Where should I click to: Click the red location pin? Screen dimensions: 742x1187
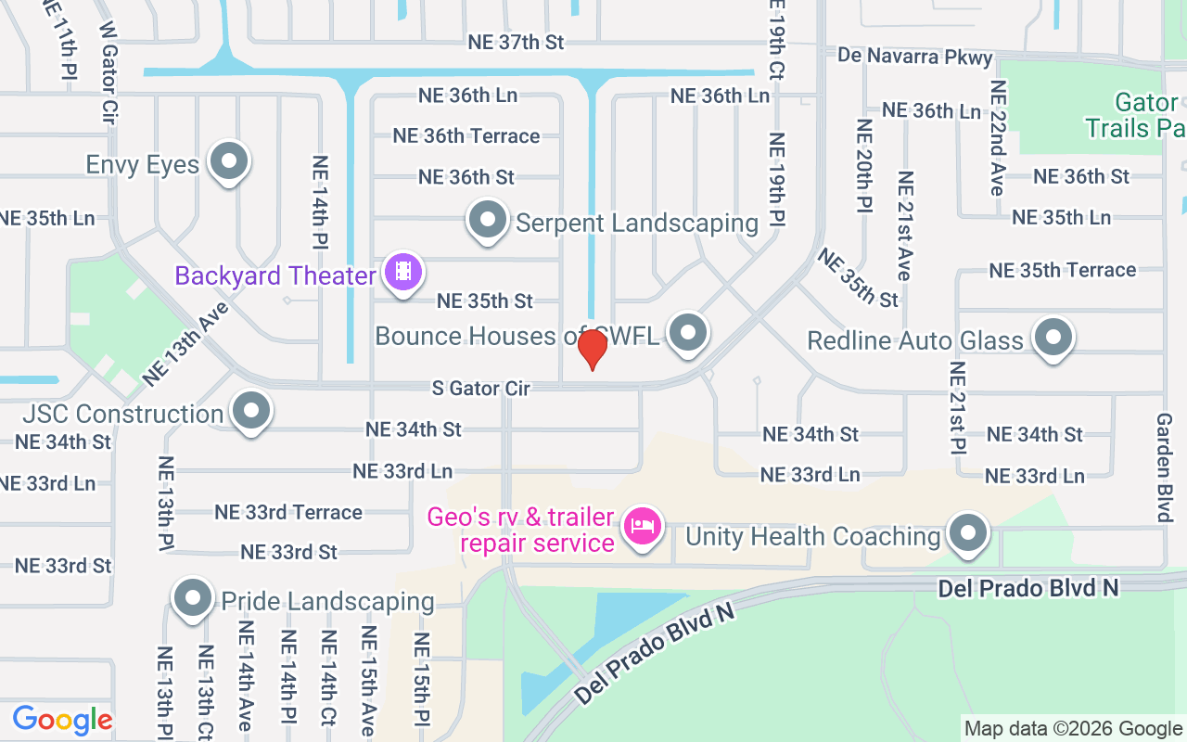[x=592, y=349]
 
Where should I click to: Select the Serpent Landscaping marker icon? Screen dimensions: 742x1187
[x=488, y=221]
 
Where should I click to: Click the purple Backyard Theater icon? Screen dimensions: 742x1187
[x=403, y=272]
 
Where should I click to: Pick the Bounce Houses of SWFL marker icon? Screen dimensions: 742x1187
[x=688, y=333]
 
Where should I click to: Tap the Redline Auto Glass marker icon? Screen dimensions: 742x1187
[x=1053, y=338]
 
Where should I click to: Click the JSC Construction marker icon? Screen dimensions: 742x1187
[x=250, y=411]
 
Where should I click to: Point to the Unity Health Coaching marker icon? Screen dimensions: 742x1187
[x=968, y=533]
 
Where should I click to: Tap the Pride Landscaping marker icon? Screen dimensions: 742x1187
[x=193, y=598]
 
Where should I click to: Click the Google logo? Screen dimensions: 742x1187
[x=62, y=720]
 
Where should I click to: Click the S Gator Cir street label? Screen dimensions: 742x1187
[x=481, y=388]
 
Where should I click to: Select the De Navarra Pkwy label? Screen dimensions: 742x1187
[x=914, y=56]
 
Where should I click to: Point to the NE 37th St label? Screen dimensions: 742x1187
[x=516, y=42]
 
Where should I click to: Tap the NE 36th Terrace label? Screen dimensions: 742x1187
[x=466, y=135]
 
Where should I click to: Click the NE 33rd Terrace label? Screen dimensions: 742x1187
[x=287, y=512]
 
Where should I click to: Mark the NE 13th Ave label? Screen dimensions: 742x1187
[x=185, y=347]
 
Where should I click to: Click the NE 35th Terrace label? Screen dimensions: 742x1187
[x=1062, y=270]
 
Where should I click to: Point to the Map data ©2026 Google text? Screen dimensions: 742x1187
[x=1073, y=729]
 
